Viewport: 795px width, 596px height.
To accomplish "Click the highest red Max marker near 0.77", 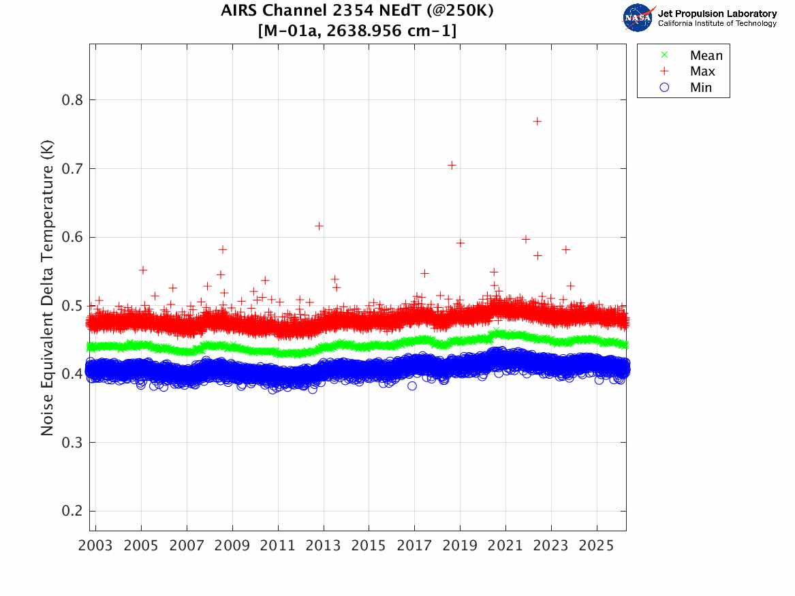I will click(x=537, y=121).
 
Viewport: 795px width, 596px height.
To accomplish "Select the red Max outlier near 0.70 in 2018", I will click(x=452, y=165).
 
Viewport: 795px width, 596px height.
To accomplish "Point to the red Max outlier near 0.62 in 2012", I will click(x=319, y=225).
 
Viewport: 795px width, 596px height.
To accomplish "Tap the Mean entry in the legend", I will click(x=706, y=55).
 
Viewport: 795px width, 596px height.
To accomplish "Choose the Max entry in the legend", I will click(x=702, y=72).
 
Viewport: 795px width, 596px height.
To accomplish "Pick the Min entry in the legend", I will click(x=701, y=88).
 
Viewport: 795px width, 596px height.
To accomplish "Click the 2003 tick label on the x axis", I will click(x=95, y=546).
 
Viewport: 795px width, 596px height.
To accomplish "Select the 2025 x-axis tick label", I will click(x=597, y=546).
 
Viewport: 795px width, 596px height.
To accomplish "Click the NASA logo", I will click(x=638, y=18).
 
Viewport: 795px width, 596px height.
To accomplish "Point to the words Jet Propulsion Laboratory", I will click(x=717, y=14).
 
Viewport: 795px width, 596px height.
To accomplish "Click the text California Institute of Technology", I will click(x=717, y=24).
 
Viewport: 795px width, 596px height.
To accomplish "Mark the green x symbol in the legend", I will click(x=664, y=55).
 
